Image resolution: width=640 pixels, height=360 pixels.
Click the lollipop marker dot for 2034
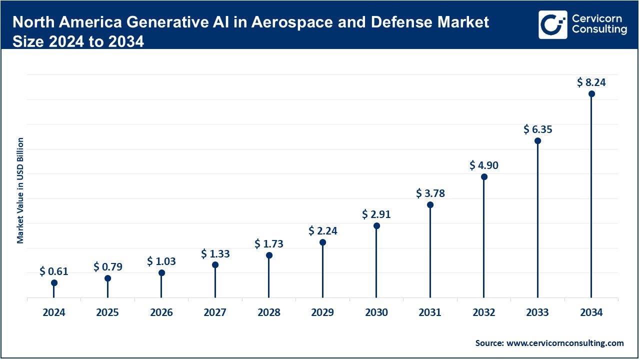coord(591,94)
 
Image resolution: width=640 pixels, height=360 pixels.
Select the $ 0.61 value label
coord(54,272)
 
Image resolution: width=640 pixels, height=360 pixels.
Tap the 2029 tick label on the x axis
coord(322,313)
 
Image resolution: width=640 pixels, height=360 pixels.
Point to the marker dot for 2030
coord(376,226)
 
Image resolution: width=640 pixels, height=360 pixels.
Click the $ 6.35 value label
coord(537,129)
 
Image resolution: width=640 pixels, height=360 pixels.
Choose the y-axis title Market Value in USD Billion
coord(20,190)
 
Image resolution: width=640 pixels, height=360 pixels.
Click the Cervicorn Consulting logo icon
coord(552,24)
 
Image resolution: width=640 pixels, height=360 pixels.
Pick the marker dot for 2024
coord(54,283)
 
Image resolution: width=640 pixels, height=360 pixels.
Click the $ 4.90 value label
coord(484,165)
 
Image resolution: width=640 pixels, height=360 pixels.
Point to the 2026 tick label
coord(161,313)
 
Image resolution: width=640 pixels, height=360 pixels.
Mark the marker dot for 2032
coord(484,177)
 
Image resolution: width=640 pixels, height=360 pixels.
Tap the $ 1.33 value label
coord(215,254)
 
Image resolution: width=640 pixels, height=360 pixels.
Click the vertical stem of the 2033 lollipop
coord(538,220)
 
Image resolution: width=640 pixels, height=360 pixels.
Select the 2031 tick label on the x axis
coord(430,313)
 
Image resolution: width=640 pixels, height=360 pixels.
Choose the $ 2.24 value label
coord(322,230)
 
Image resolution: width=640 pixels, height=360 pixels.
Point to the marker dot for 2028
coord(269,255)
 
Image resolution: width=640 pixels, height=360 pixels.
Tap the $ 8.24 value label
coord(591,82)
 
